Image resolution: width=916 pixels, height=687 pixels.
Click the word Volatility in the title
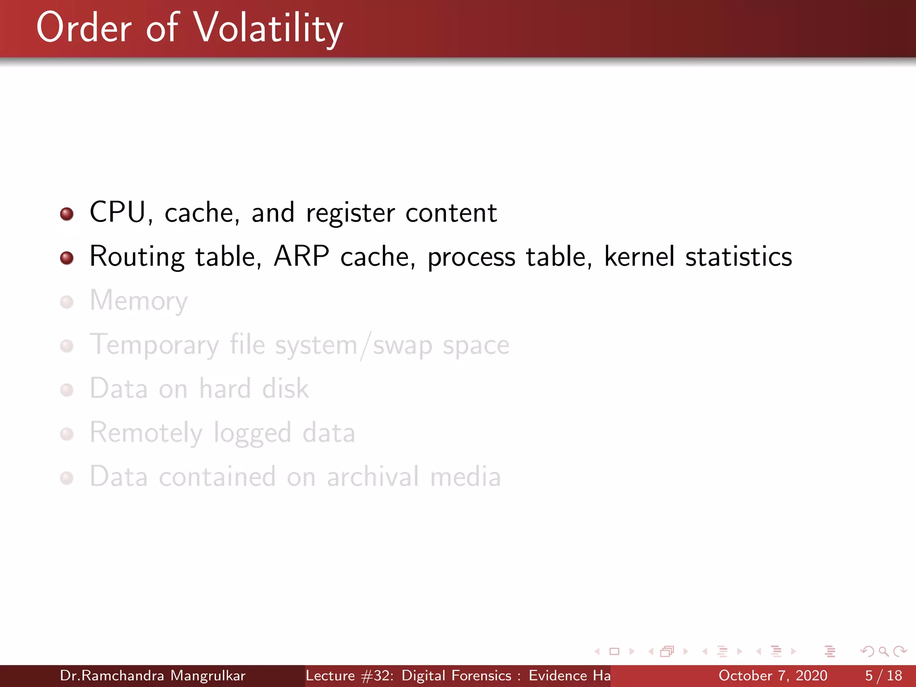pyautogui.click(x=268, y=29)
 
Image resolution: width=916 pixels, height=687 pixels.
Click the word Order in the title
pyautogui.click(x=84, y=29)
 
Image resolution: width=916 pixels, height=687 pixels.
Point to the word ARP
pyautogui.click(x=301, y=256)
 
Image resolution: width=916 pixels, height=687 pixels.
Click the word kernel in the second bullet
pyautogui.click(x=639, y=256)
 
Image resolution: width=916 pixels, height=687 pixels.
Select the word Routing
pyautogui.click(x=137, y=257)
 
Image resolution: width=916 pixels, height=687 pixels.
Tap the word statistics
pyautogui.click(x=738, y=256)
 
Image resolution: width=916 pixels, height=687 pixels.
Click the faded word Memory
pyautogui.click(x=139, y=301)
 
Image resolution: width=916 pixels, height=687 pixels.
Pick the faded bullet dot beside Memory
pyautogui.click(x=67, y=302)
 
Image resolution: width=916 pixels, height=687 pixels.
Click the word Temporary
pyautogui.click(x=154, y=345)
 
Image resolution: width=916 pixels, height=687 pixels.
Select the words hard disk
pyautogui.click(x=254, y=388)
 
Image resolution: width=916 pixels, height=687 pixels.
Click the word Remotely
pyautogui.click(x=146, y=433)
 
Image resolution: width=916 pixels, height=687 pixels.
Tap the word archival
pyautogui.click(x=373, y=476)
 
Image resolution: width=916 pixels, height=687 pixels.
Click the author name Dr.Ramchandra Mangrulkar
pyautogui.click(x=153, y=675)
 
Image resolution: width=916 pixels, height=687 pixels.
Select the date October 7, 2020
pyautogui.click(x=772, y=675)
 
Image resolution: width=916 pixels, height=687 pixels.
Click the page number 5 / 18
pyautogui.click(x=883, y=675)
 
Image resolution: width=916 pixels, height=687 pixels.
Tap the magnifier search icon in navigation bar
pyautogui.click(x=883, y=651)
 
